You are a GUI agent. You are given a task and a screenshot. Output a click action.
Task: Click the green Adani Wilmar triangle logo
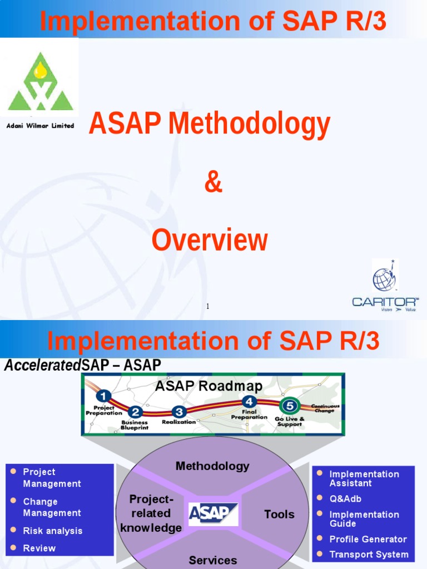pos(40,82)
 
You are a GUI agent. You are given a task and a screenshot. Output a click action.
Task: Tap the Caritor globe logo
pos(385,279)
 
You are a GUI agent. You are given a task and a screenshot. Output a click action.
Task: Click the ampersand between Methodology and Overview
pos(213,183)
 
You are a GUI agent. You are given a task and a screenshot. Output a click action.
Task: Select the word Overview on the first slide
pos(210,241)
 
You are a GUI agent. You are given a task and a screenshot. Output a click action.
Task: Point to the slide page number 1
pos(207,306)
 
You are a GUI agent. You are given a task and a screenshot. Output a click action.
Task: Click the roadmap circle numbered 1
pos(103,397)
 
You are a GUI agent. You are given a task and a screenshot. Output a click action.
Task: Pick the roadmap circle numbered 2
pos(136,412)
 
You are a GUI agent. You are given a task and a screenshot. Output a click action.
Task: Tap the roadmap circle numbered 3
pos(178,412)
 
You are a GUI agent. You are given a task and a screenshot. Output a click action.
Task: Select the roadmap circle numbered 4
pos(249,401)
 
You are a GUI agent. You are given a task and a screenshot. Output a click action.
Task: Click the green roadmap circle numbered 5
pos(290,406)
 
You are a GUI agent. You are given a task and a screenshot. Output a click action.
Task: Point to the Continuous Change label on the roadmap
pos(325,408)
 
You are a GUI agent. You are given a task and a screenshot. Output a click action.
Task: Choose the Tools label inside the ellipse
pos(279,515)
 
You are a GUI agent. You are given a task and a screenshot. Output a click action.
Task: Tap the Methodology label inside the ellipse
pos(212,466)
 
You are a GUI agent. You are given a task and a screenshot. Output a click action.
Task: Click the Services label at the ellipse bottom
pos(212,560)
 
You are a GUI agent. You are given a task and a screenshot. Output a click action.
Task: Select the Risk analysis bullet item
pos(52,531)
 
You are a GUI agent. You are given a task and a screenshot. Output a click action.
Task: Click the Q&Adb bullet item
pos(345,499)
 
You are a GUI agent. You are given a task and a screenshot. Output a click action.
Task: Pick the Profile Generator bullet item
pos(368,539)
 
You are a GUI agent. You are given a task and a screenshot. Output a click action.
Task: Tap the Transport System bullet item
pos(369,555)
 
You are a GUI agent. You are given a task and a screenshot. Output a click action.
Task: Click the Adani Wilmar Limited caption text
pos(40,126)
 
